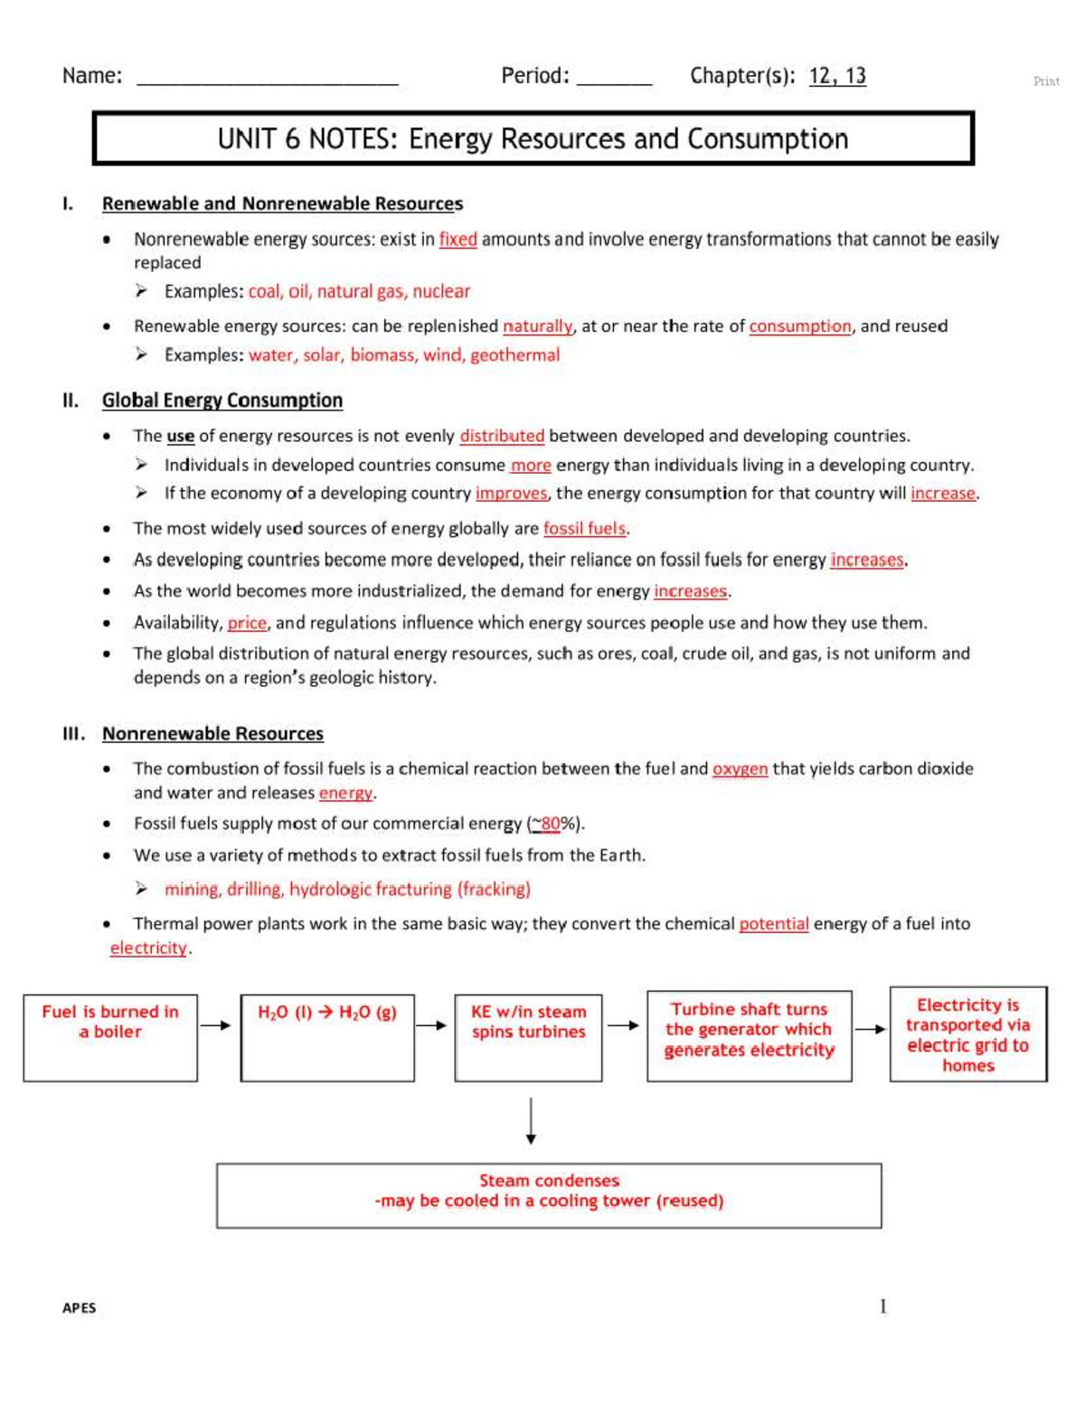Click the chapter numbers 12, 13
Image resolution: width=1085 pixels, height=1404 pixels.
click(x=836, y=76)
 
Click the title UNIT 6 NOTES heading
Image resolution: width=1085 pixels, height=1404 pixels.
click(x=533, y=139)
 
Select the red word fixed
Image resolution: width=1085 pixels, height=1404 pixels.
click(x=458, y=240)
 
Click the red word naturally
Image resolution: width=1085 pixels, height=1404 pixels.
click(x=537, y=326)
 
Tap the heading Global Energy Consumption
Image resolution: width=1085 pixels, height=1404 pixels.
click(x=222, y=400)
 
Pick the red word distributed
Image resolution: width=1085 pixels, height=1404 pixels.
click(x=502, y=436)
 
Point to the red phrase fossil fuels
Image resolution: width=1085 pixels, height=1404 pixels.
click(x=584, y=529)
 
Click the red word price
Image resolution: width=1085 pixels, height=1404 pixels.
click(x=247, y=623)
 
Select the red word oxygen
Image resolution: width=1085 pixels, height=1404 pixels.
click(x=740, y=769)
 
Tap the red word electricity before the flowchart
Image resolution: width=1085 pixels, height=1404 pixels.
click(x=148, y=948)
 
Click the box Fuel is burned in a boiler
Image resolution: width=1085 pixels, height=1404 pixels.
click(x=110, y=1037)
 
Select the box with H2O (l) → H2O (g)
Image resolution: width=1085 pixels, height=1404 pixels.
click(x=327, y=1037)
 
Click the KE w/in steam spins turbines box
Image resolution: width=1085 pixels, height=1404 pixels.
click(x=528, y=1037)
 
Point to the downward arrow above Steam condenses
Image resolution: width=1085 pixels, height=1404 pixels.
click(x=531, y=1121)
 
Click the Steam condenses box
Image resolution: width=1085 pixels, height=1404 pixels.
click(x=549, y=1195)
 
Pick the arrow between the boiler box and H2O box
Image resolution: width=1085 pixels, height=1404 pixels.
click(x=215, y=1025)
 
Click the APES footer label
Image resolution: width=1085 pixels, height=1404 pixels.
click(x=79, y=1308)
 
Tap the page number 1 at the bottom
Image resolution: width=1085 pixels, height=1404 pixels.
click(x=882, y=1306)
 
